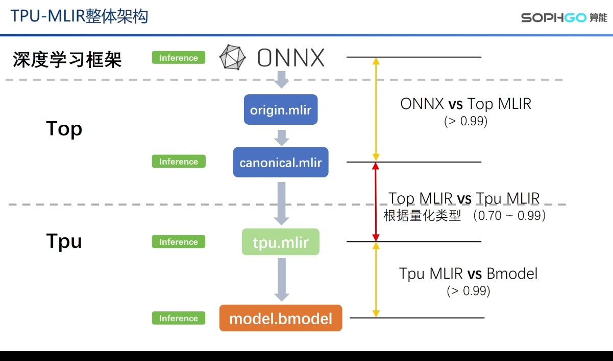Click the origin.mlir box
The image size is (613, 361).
[x=281, y=109]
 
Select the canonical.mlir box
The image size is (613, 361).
[x=281, y=163]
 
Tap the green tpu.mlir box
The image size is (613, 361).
[x=281, y=242]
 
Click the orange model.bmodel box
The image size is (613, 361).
[x=281, y=318]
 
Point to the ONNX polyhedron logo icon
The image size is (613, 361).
[x=233, y=57]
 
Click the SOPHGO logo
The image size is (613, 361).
[x=564, y=17]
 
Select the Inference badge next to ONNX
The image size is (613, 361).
[x=179, y=58]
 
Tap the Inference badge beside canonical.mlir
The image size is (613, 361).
[x=179, y=162]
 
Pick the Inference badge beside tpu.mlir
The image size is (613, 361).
[x=179, y=242]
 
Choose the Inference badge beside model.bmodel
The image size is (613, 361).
[x=179, y=318]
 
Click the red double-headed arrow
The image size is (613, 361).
[x=376, y=202]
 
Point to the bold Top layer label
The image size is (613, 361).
[x=64, y=129]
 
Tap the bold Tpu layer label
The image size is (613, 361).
[x=64, y=240]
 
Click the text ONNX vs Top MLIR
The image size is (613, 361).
[x=465, y=104]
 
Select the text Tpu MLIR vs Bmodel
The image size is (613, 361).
[x=468, y=274]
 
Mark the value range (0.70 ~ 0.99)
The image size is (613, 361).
[x=509, y=216]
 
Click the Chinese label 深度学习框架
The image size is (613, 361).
[x=67, y=60]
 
